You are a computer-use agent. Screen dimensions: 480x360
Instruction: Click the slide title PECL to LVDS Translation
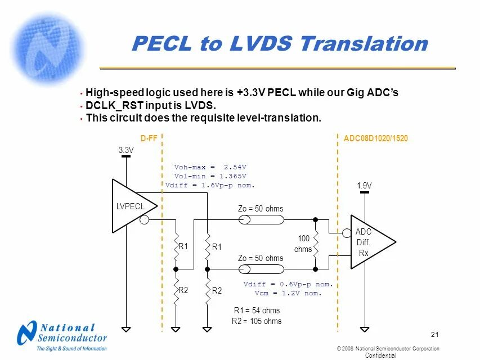coord(279,44)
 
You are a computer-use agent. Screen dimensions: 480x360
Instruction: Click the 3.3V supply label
coord(126,150)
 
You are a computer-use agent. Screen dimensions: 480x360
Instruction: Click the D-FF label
coord(148,138)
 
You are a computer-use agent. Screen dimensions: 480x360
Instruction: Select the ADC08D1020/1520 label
coord(375,138)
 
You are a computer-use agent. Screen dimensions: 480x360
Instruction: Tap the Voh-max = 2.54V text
coord(210,167)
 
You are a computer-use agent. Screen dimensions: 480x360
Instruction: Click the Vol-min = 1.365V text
coord(210,176)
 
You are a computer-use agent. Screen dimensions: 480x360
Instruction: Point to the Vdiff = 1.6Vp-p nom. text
coord(210,185)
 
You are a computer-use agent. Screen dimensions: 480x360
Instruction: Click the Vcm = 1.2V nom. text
coord(288,293)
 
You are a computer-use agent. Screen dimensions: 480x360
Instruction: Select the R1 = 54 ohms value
coord(257,310)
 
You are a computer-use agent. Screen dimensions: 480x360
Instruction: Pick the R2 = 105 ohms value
coord(257,321)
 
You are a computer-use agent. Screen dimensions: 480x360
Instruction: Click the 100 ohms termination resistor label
coord(304,244)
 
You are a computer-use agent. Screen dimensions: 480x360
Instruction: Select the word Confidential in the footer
coord(381,355)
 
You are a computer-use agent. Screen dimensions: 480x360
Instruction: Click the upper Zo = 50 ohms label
coord(261,209)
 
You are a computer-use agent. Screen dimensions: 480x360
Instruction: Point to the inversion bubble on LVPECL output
coord(145,219)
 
